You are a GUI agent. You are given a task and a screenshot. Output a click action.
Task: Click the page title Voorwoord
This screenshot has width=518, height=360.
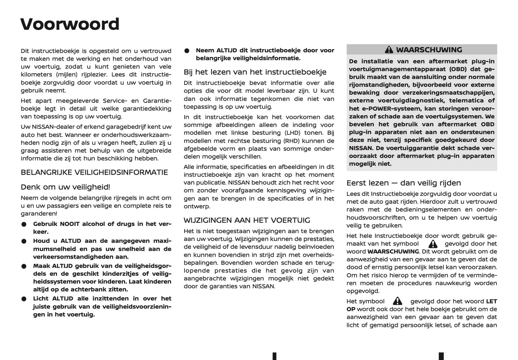(x=70, y=24)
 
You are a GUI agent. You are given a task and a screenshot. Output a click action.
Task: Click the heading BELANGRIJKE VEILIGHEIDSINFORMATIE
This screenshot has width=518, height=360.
(x=94, y=172)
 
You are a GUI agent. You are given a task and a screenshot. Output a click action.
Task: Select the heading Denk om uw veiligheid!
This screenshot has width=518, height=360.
(x=65, y=187)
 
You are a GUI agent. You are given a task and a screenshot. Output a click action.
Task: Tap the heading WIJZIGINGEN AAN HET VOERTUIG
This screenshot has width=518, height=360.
(x=247, y=221)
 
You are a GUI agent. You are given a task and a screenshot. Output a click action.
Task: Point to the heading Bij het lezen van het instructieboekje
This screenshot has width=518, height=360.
(x=255, y=72)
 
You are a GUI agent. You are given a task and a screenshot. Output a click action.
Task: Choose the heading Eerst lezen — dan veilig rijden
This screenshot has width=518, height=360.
(x=403, y=183)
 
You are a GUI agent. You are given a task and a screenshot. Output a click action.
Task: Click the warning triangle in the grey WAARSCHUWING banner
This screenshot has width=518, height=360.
(x=389, y=50)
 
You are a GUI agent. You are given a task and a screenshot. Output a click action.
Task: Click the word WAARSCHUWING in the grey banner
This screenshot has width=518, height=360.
(x=429, y=50)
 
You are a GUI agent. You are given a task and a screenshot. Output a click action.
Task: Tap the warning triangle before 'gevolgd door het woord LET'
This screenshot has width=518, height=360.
(x=397, y=301)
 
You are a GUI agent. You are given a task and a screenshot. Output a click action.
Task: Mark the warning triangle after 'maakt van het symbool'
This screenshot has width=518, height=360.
(x=433, y=244)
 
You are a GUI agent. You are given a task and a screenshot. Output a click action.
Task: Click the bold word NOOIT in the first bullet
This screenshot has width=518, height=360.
(x=70, y=224)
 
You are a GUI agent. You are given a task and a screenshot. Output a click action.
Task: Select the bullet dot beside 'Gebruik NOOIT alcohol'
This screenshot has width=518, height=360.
(x=24, y=224)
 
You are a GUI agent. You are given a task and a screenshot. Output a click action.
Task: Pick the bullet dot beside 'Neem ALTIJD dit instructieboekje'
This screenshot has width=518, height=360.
(x=187, y=51)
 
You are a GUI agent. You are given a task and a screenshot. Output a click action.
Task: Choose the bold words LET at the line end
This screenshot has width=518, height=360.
(x=491, y=302)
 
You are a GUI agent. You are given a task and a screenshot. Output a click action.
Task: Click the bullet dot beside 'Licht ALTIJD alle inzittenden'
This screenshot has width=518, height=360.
(x=24, y=299)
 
